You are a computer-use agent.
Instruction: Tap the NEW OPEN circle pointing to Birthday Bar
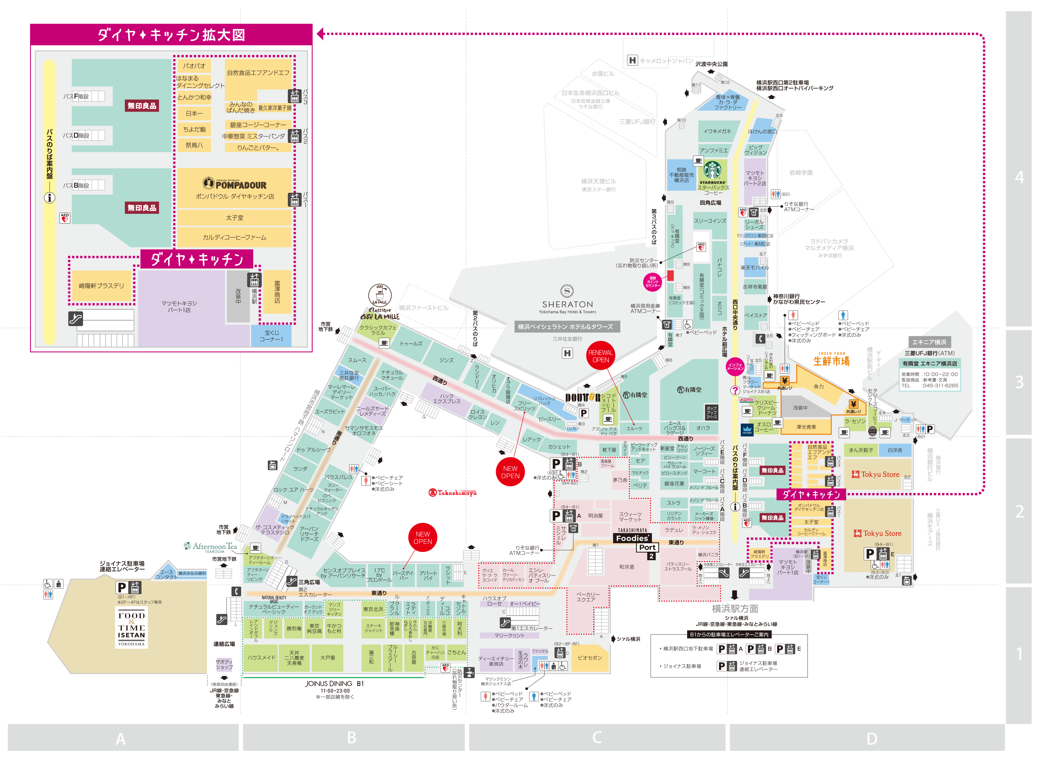tap(422, 538)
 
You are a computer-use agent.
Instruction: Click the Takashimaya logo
tap(452, 493)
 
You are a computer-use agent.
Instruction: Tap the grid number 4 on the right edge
tap(1019, 177)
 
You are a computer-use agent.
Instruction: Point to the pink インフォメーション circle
tap(735, 367)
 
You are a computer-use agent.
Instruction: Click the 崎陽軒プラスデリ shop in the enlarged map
tap(101, 286)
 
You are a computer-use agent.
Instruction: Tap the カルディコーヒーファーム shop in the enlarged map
tap(235, 237)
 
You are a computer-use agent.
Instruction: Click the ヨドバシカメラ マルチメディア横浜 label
tap(829, 245)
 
